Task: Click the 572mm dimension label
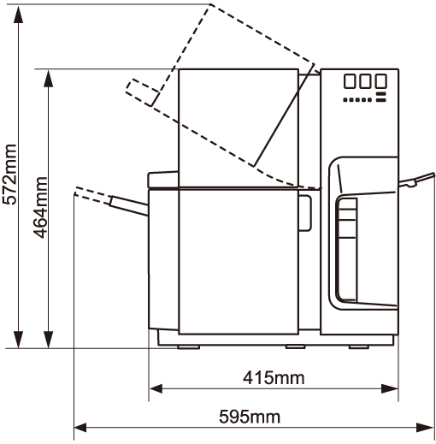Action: [9, 175]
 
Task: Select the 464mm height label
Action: [40, 208]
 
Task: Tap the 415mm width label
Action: [274, 378]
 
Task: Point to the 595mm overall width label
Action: [250, 417]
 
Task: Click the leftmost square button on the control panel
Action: [350, 81]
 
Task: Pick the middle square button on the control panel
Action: [365, 81]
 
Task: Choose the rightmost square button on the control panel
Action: [380, 81]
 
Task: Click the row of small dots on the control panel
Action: [357, 100]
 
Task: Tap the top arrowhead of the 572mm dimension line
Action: [19, 14]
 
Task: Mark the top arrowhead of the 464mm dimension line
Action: [49, 78]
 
